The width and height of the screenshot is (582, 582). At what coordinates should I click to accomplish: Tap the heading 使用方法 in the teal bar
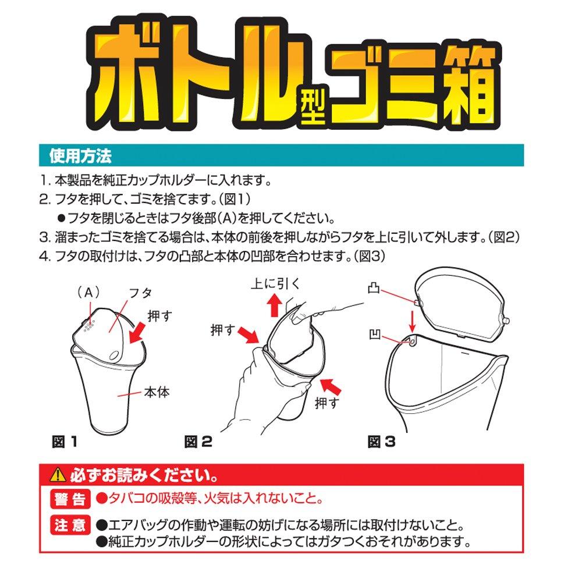point(80,155)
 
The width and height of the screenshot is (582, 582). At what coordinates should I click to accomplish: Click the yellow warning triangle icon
point(58,475)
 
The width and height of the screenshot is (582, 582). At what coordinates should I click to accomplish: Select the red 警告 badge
point(70,499)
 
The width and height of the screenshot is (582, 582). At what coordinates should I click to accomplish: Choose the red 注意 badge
point(70,525)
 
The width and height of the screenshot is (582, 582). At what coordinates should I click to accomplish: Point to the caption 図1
point(64,442)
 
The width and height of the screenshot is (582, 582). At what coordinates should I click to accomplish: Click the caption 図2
point(198,442)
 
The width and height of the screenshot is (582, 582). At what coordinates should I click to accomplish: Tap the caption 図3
point(381,442)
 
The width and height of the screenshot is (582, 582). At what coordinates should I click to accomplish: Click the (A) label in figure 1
point(88,293)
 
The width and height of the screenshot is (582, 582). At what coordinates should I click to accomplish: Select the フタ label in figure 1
point(140,293)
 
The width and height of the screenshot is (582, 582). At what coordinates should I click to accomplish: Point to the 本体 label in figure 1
point(157,392)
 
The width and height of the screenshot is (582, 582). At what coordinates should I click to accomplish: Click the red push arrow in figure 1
point(137,332)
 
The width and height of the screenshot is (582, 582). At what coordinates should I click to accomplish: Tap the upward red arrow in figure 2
point(275,304)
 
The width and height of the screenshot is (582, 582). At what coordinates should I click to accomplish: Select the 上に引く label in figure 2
point(275,284)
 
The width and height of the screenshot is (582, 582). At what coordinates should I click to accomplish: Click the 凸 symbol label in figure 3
point(374,289)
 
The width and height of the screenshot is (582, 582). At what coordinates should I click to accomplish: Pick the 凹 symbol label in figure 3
point(375,335)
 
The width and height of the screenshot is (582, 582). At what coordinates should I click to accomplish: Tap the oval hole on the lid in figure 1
point(115,355)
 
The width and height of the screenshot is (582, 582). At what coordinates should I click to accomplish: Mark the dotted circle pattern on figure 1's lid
point(89,326)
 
